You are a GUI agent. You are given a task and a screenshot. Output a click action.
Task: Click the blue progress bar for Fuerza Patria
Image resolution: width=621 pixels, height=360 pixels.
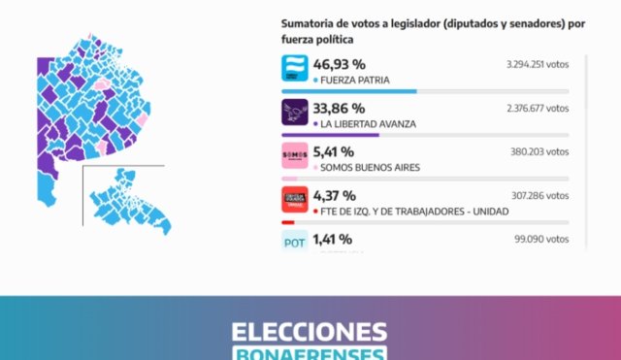coord(348,91)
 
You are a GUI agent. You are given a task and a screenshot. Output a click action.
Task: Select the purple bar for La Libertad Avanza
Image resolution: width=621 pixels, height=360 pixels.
coord(330,135)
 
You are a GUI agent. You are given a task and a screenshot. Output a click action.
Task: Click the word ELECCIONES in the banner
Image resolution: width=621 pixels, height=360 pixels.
coord(310,332)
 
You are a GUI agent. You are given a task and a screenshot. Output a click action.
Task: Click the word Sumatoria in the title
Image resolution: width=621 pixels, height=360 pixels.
coord(309,23)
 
